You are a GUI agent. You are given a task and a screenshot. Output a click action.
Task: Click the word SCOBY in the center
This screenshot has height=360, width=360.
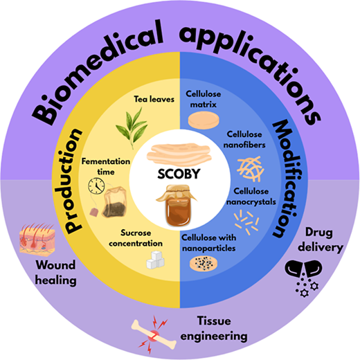(x=179, y=174)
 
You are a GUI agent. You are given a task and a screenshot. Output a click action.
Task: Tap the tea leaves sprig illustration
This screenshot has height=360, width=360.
(x=132, y=128)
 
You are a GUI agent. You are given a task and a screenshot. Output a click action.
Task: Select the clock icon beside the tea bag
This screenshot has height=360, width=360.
(x=96, y=186)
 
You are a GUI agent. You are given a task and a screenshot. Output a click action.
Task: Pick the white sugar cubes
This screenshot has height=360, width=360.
(x=156, y=260)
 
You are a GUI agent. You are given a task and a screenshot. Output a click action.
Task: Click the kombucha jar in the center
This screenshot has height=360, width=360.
(x=177, y=206)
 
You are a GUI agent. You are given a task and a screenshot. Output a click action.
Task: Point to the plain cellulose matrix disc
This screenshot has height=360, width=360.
(x=204, y=120)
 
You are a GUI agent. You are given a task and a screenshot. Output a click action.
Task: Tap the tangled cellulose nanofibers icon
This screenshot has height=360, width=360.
(x=251, y=169)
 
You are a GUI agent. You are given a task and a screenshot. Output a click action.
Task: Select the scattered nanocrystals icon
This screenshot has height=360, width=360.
(x=246, y=222)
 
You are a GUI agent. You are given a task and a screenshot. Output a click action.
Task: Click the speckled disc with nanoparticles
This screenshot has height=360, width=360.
(x=204, y=264)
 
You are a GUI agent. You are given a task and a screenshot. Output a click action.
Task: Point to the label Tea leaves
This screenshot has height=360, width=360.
(x=154, y=99)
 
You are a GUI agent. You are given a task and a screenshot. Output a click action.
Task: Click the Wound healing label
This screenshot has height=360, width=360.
(x=55, y=273)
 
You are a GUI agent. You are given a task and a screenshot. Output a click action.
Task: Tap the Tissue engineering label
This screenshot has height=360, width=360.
(x=214, y=329)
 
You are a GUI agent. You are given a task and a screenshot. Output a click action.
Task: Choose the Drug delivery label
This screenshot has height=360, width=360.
(x=321, y=240)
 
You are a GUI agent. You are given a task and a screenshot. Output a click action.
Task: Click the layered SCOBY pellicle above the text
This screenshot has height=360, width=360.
(x=179, y=154)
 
